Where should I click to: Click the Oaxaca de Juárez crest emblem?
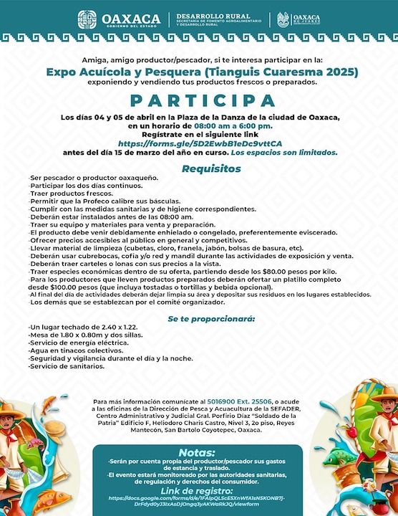pyautogui.click(x=284, y=19)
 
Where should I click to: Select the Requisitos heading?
pyautogui.click(x=201, y=169)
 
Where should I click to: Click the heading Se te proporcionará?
pyautogui.click(x=201, y=317)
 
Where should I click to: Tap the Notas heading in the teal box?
pyautogui.click(x=198, y=452)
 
